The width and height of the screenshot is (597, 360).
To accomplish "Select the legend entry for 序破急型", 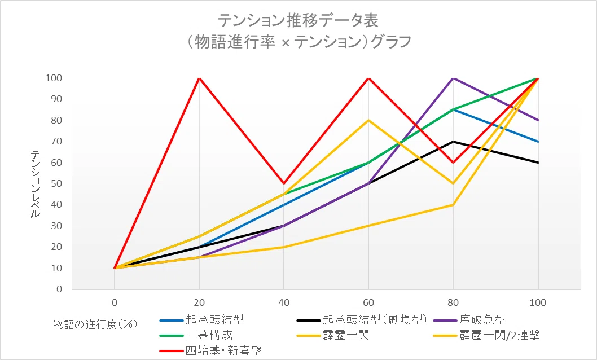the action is (x=469, y=320).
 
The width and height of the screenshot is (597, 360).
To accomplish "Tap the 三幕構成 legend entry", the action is (x=196, y=335).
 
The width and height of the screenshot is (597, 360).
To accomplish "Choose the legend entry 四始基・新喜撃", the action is (x=210, y=350).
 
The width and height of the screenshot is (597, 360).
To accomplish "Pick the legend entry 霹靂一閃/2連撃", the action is (x=486, y=335).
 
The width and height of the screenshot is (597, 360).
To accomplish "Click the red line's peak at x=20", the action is (x=199, y=78).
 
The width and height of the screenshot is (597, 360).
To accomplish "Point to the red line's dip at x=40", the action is (x=284, y=183).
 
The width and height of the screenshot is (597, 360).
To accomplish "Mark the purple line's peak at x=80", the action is (x=453, y=78).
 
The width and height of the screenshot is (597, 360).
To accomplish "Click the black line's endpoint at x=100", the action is (x=538, y=163).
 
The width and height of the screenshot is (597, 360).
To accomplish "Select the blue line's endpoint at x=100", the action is (x=538, y=142).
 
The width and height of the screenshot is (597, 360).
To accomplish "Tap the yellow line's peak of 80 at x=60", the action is (x=368, y=120).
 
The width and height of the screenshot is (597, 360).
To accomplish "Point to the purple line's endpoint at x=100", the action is (x=538, y=120).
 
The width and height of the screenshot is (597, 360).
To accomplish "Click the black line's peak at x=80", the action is (x=453, y=142).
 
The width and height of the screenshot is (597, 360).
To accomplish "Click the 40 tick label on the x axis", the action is (x=284, y=303).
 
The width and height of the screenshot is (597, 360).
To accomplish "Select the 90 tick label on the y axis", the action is (x=56, y=99).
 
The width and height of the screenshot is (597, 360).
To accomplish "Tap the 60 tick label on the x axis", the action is (x=368, y=303).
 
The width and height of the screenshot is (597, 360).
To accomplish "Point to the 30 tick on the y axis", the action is (x=56, y=226).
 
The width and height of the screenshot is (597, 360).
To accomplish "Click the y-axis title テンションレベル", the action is (x=35, y=184).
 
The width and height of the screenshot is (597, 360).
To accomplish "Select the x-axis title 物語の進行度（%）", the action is (x=95, y=324).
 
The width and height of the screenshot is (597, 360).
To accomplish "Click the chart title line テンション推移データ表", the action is (x=298, y=20).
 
